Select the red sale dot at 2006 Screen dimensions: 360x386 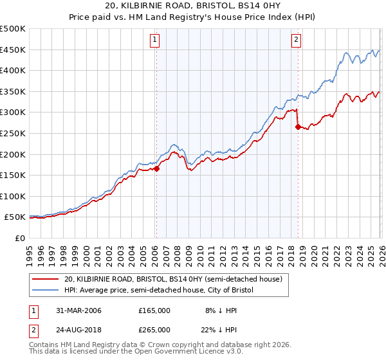(156, 169)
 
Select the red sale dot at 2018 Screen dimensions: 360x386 (298, 127)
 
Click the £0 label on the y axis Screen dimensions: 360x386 (20, 238)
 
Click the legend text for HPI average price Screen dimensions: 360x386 (160, 291)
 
